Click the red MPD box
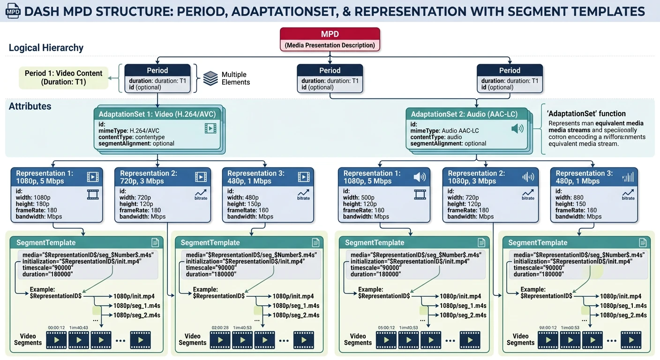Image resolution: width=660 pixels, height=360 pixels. coord(330,39)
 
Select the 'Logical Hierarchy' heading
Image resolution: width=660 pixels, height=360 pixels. coord(46,48)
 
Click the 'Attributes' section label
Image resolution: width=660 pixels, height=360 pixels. coord(30,106)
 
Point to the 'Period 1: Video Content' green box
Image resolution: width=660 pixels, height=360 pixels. coord(63,77)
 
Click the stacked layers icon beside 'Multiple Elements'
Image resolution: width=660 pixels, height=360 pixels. coord(210,78)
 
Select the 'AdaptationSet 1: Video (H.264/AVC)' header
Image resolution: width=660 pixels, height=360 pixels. coord(157,114)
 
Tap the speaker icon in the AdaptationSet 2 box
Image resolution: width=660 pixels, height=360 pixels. coord(517,128)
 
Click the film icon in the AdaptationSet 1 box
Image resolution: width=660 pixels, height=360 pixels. coord(210,128)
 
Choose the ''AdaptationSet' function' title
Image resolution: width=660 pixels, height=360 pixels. coord(586,113)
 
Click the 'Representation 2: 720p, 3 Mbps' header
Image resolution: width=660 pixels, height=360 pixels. coord(149,177)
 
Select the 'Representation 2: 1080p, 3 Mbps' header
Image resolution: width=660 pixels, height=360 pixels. coord(476,177)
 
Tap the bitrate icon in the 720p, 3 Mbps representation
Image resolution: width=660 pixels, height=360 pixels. coord(201,194)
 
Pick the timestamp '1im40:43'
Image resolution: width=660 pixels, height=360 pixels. coord(78,328)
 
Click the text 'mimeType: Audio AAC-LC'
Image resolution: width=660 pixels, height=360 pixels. coord(444,131)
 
